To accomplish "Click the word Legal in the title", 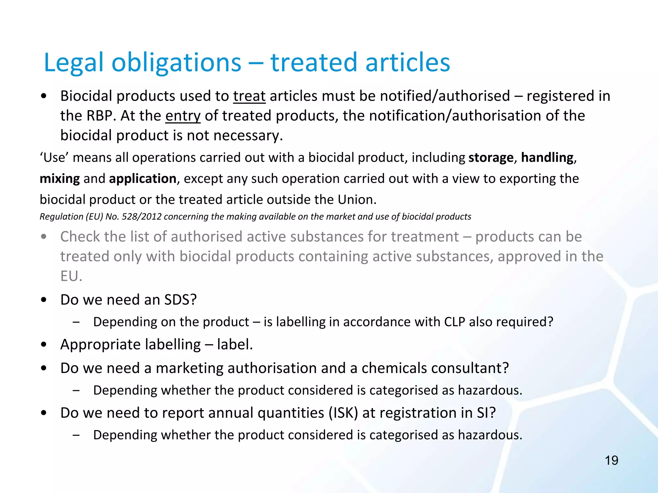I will (x=74, y=63).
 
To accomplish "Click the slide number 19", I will (x=611, y=461).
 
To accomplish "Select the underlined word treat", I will (x=249, y=96).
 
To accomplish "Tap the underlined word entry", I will (x=183, y=116).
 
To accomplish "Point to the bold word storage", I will (x=491, y=158).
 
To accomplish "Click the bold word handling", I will (x=547, y=158).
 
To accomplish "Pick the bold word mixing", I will (x=60, y=179).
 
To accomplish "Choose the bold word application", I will (x=143, y=179).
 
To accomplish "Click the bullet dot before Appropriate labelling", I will (x=44, y=345).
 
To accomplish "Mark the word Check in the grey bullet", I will (x=80, y=237).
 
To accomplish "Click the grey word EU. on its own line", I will (x=71, y=276).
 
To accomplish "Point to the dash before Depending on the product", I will (x=76, y=322).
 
